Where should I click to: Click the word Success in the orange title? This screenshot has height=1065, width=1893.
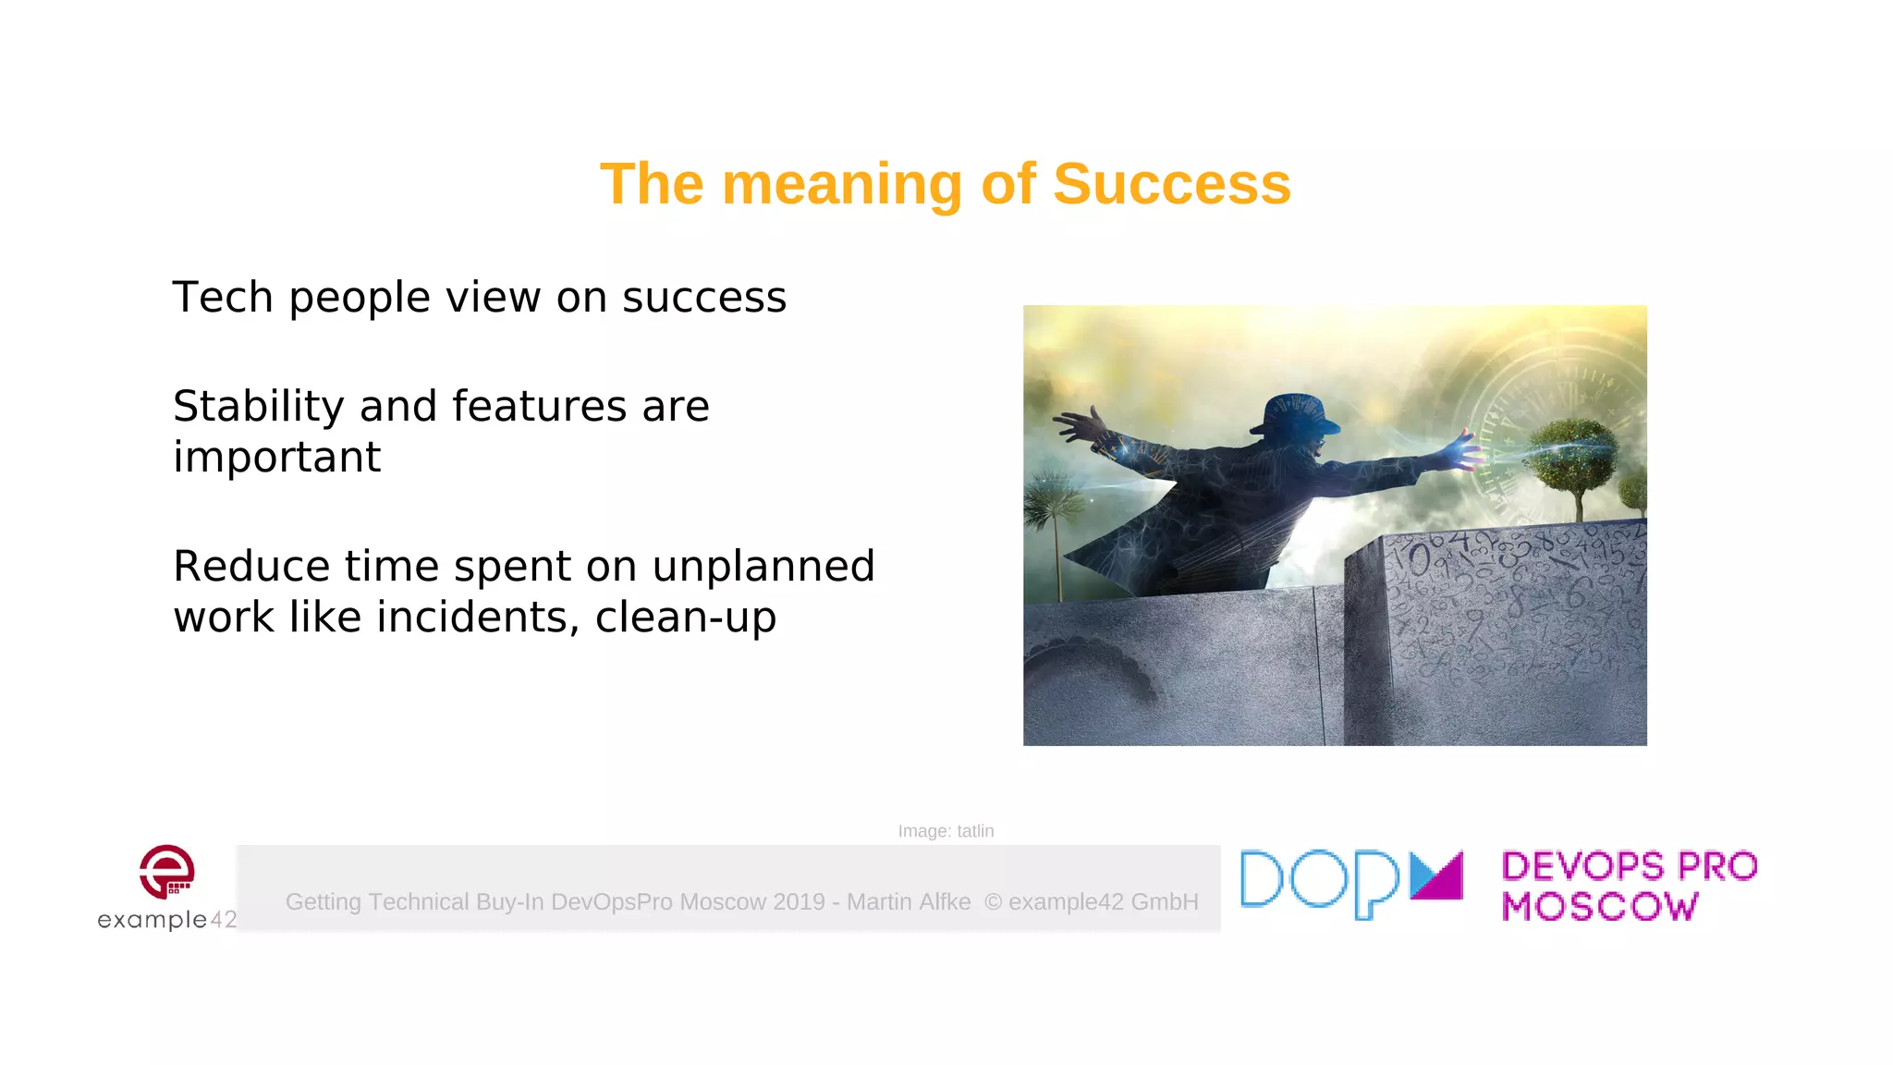[1171, 184]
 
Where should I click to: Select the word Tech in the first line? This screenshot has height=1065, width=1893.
[223, 298]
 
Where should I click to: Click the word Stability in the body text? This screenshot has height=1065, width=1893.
[259, 407]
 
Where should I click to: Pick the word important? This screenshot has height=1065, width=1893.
[276, 458]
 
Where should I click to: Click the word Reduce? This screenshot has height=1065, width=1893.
[251, 567]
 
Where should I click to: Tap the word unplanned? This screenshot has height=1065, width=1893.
[763, 567]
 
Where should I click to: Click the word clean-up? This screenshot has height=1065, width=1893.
[685, 618]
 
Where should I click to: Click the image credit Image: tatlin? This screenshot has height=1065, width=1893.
[946, 831]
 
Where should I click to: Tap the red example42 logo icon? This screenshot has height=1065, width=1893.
[167, 872]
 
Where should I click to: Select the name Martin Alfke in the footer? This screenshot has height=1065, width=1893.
[909, 901]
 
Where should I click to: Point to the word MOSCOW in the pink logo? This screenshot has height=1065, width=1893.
[1600, 907]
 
